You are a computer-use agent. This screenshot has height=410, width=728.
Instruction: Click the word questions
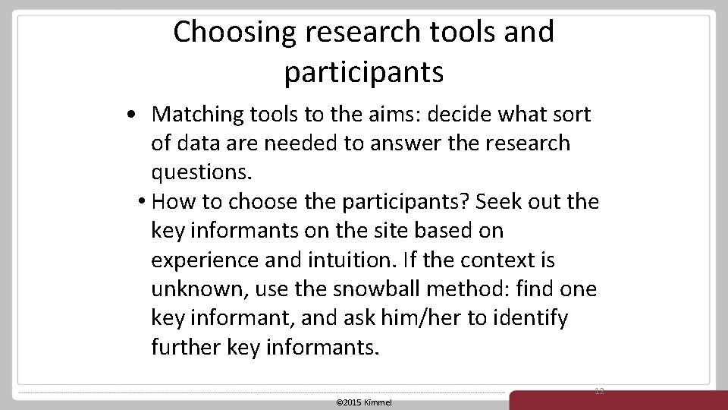click(x=201, y=173)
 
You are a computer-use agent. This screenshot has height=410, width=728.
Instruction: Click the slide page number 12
click(x=599, y=391)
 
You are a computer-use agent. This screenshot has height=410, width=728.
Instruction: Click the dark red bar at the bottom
click(x=618, y=400)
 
